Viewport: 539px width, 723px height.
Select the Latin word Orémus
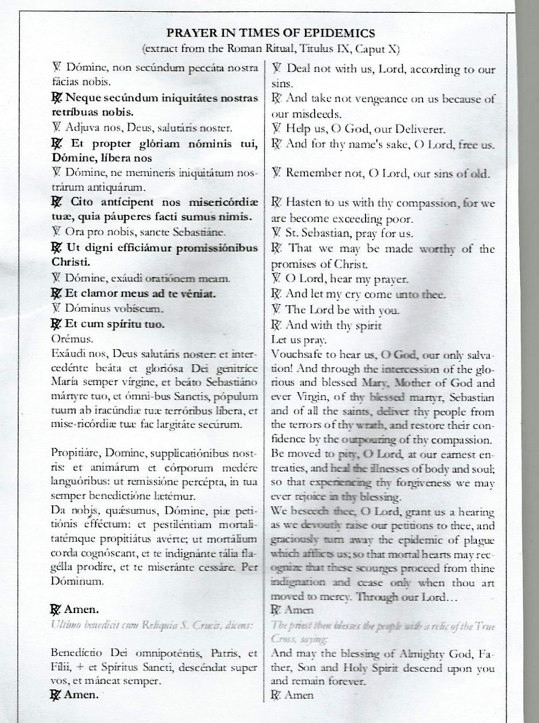[72, 339]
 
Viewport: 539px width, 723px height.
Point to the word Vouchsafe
[296, 355]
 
